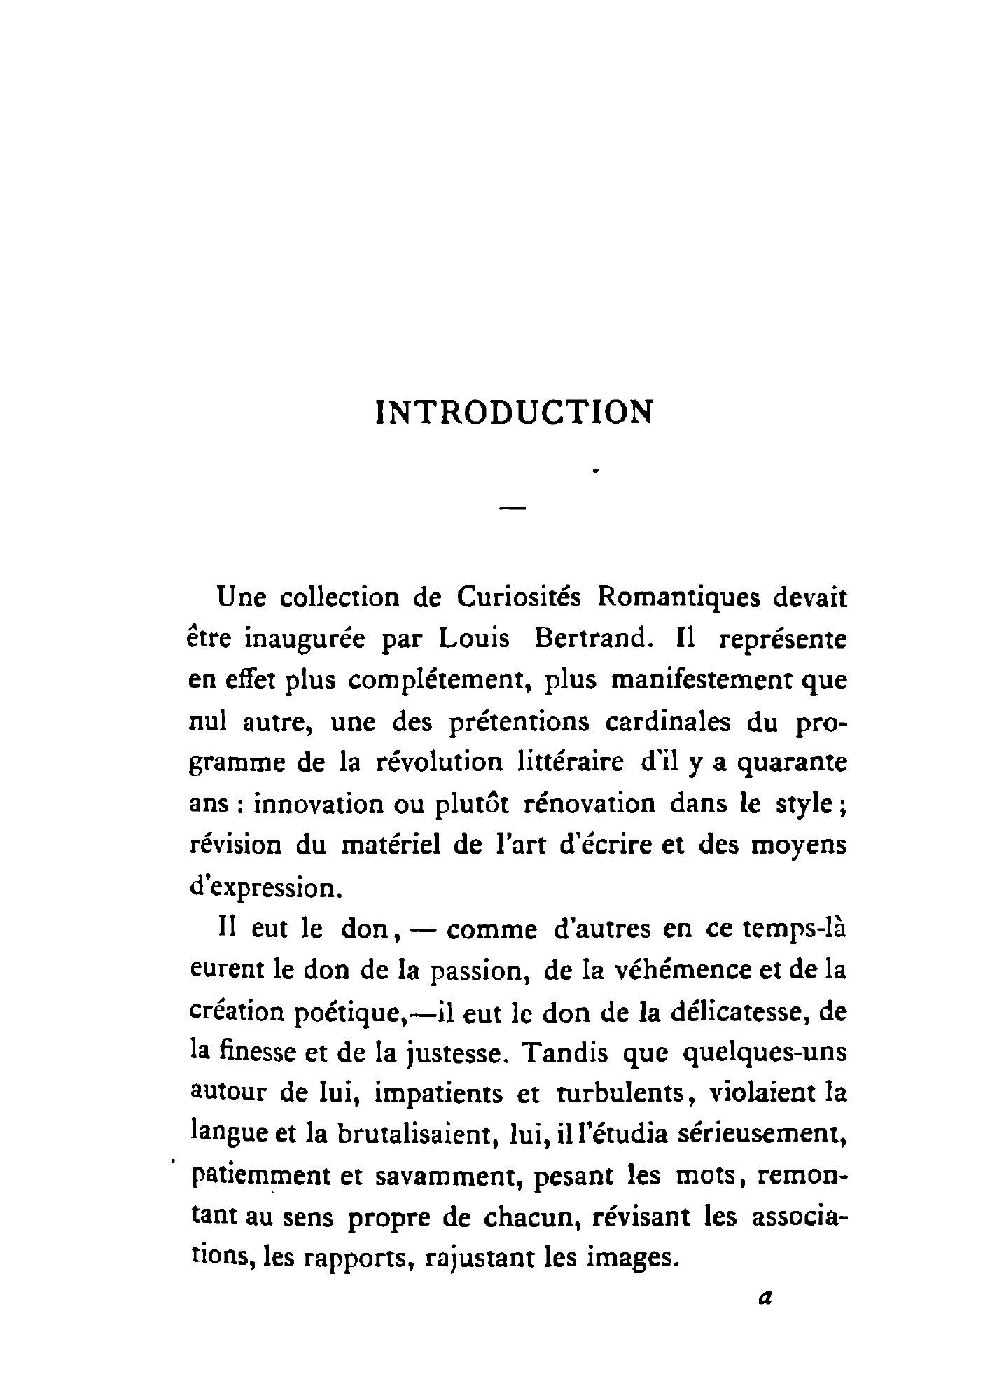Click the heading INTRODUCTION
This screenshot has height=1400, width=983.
[514, 413]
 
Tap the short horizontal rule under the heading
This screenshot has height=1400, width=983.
[513, 506]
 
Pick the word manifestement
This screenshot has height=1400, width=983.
[702, 680]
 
